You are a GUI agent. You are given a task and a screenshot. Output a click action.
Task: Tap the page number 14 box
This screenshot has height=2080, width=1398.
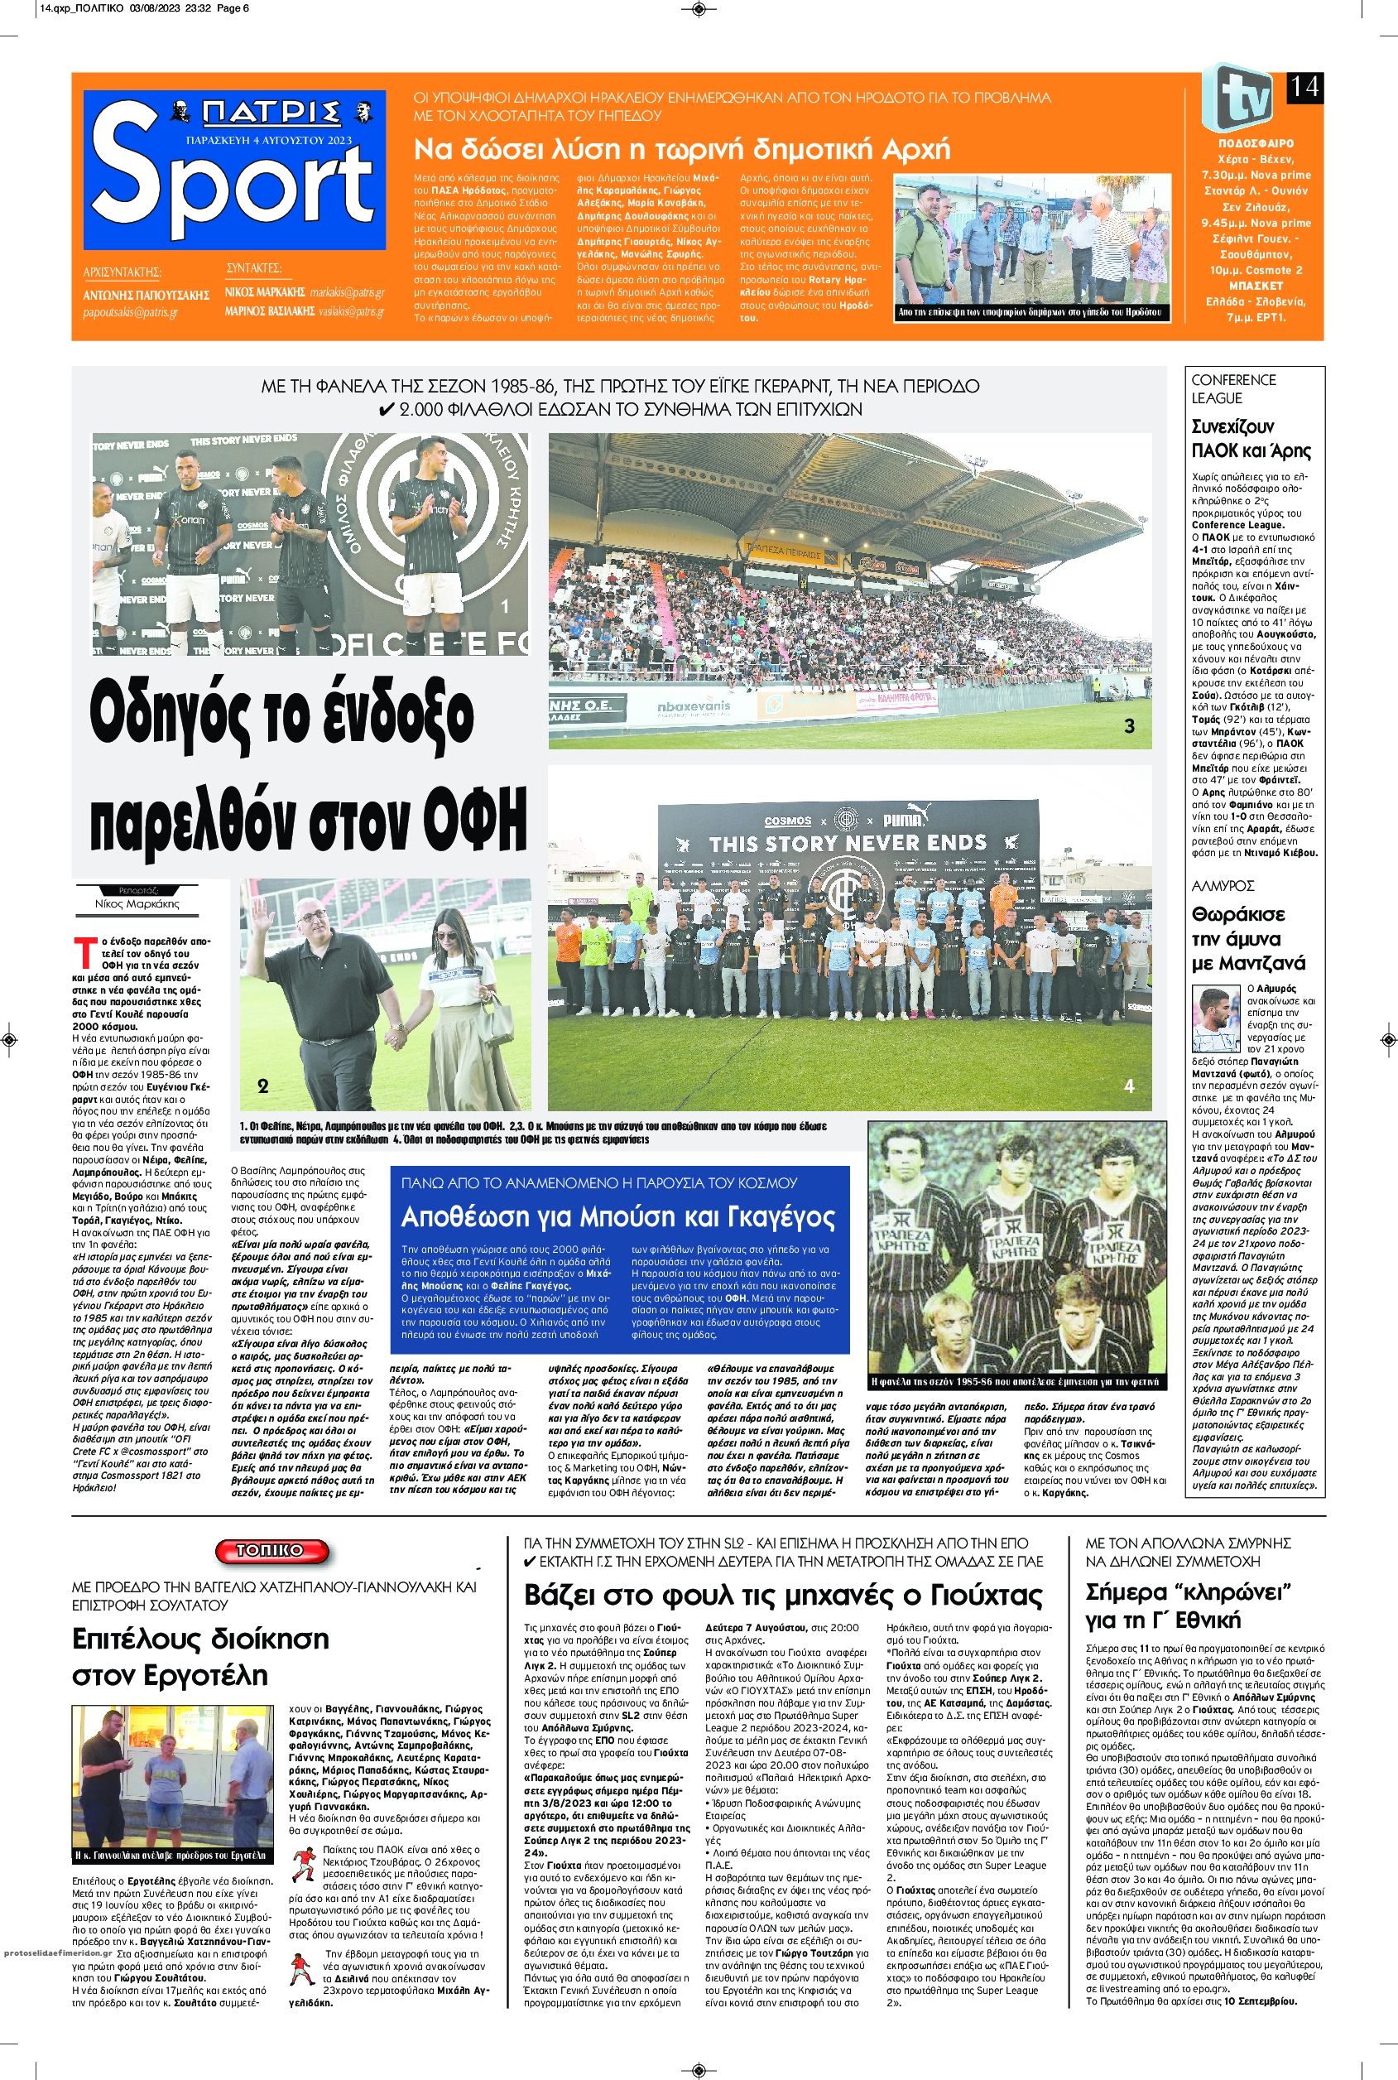(1304, 88)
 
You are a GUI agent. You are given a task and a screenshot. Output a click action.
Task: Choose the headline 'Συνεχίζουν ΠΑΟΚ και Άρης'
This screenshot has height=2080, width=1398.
(1251, 437)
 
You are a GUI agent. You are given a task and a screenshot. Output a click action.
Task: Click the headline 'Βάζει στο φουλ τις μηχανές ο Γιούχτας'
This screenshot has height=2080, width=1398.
(782, 1595)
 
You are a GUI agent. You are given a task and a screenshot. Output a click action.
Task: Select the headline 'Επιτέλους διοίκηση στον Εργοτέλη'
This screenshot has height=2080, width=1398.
(200, 1655)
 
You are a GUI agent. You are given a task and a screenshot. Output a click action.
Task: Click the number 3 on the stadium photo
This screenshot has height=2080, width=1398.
(1129, 726)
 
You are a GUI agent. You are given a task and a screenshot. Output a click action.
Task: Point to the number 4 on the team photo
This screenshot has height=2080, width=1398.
(1129, 1086)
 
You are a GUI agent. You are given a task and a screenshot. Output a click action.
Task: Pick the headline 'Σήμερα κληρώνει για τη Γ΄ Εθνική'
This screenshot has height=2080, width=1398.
(1189, 1606)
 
